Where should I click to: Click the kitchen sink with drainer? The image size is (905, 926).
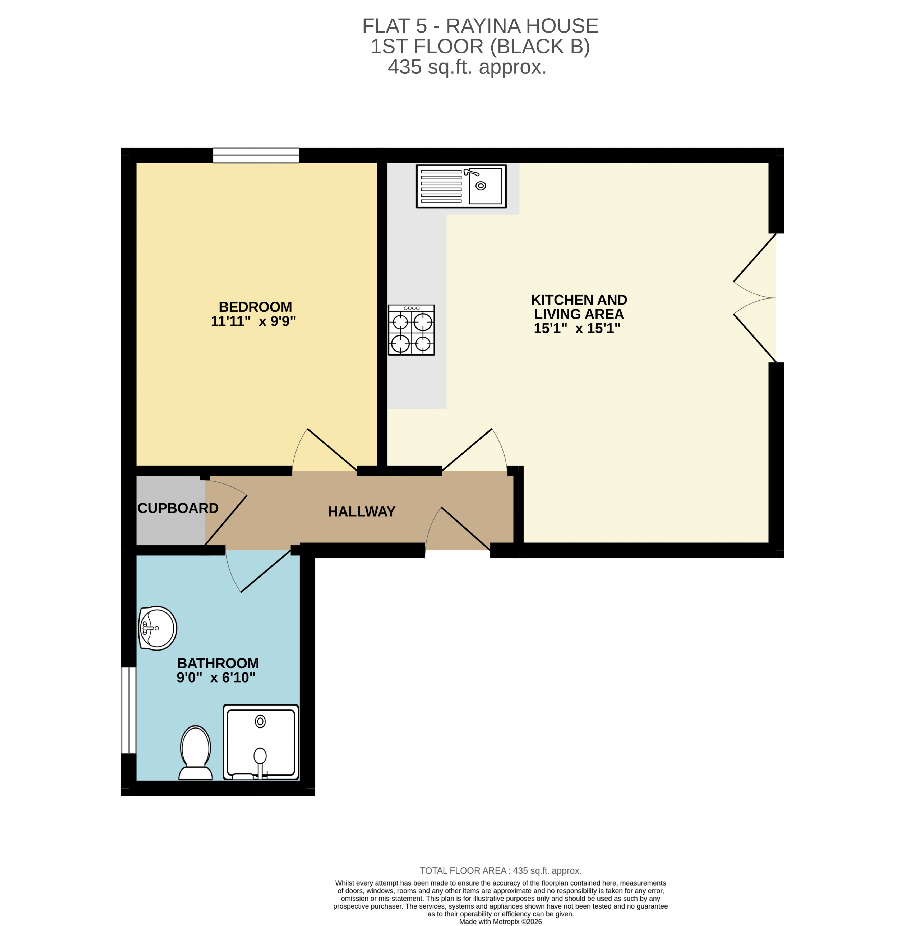click(461, 186)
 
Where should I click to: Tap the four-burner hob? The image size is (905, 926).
click(411, 330)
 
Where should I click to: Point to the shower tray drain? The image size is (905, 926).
click(260, 721)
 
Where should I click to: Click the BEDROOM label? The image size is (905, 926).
click(255, 307)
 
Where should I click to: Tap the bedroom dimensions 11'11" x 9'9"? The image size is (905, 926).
click(253, 321)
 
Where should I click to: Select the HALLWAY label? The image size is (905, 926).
click(361, 512)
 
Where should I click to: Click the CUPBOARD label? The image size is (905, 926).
click(178, 508)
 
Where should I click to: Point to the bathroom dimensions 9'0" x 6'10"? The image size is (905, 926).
click(216, 678)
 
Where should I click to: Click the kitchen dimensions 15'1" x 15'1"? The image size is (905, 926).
click(577, 329)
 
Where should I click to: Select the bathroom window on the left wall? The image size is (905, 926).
click(129, 710)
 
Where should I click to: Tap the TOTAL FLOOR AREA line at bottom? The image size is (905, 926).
click(501, 871)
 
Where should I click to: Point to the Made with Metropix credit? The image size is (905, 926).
click(500, 921)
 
